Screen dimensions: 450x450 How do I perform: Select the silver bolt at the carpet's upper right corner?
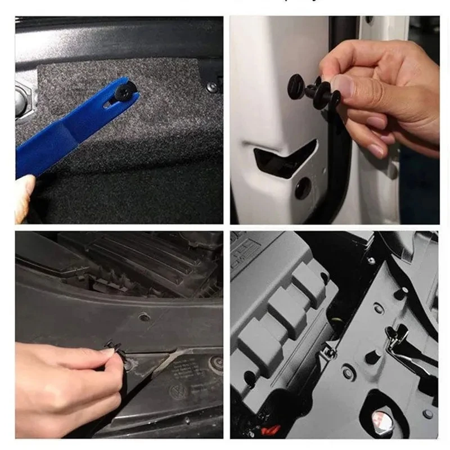pyautogui.click(x=211, y=87)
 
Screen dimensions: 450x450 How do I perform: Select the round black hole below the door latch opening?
pyautogui.click(x=303, y=188)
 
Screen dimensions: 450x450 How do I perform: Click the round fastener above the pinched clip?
pyautogui.click(x=145, y=317)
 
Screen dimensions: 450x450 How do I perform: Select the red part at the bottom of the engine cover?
pyautogui.click(x=271, y=430)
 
